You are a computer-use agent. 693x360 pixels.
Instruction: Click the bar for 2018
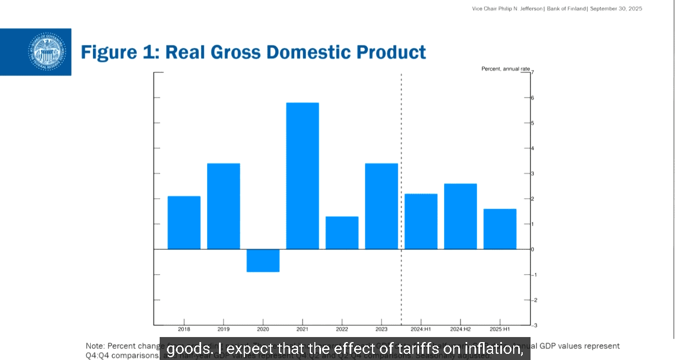click(x=184, y=222)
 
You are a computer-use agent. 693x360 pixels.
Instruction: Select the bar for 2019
click(x=224, y=206)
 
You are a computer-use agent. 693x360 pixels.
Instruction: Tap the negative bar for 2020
click(x=263, y=260)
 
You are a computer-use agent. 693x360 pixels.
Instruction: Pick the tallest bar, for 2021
click(x=303, y=176)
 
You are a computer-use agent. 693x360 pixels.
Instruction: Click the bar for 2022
click(x=342, y=232)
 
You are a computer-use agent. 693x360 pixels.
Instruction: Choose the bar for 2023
click(x=382, y=206)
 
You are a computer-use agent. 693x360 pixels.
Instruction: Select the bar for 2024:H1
click(x=421, y=221)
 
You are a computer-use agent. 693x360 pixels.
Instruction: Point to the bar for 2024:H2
click(x=461, y=216)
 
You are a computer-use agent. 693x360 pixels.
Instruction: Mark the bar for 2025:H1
click(x=500, y=228)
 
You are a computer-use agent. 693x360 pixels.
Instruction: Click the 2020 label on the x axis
click(x=263, y=329)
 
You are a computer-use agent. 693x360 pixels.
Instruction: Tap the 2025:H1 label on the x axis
click(x=500, y=329)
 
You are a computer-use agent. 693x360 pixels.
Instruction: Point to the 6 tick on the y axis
click(x=532, y=98)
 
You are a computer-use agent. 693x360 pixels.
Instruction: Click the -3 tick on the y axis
click(x=533, y=325)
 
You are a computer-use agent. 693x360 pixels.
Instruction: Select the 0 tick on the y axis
click(x=532, y=249)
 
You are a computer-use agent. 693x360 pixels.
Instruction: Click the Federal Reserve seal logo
click(x=47, y=52)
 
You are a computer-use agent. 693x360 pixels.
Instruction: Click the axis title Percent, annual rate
click(x=505, y=69)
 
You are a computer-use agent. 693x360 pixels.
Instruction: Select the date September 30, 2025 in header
click(x=616, y=8)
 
